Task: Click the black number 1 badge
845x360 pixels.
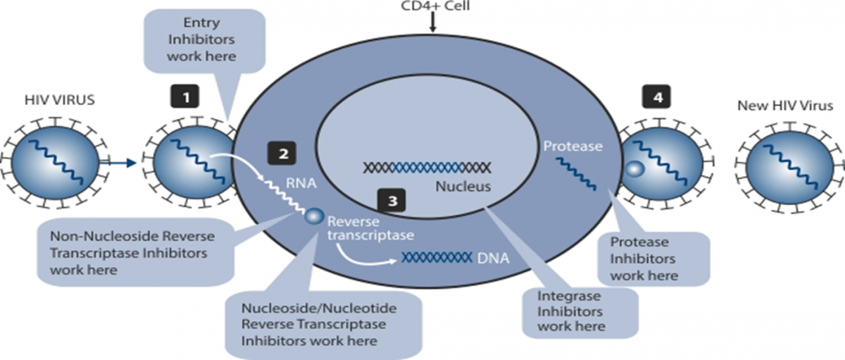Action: [x=184, y=97]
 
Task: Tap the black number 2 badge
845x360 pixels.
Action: [x=282, y=153]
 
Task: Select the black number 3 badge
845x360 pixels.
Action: [x=392, y=200]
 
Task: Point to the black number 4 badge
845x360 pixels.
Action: [x=657, y=97]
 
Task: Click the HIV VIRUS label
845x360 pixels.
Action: [x=59, y=100]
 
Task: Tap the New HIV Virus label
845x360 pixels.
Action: [x=785, y=106]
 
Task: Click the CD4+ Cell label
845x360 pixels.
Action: [x=435, y=6]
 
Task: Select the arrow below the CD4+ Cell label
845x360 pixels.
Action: [x=432, y=23]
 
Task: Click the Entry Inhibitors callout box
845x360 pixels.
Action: [x=204, y=41]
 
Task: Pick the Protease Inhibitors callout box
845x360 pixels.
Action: [x=653, y=259]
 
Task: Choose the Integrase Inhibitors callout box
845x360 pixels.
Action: [x=580, y=312]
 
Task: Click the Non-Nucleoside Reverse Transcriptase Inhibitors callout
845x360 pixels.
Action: [x=135, y=252]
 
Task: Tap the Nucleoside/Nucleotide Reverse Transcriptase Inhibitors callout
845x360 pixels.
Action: [x=323, y=325]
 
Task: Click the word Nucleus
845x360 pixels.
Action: [x=463, y=187]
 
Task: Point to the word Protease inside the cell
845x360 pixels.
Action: [x=572, y=146]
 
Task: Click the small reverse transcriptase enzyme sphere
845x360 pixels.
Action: [x=314, y=216]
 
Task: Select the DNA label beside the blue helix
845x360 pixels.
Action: [x=493, y=258]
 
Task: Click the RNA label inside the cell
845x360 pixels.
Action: [x=301, y=183]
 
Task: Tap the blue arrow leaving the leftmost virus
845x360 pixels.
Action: [x=117, y=163]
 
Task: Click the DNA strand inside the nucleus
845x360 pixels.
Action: [x=427, y=168]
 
